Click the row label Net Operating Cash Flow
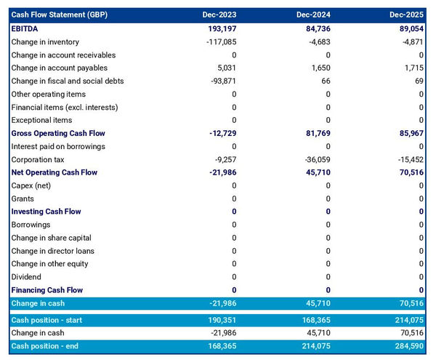click(x=54, y=172)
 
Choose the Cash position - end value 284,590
click(x=407, y=345)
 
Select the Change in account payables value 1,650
click(x=320, y=68)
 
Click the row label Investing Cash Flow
click(x=46, y=212)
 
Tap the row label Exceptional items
click(x=41, y=120)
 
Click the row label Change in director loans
click(x=53, y=251)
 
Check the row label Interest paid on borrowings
click(x=58, y=146)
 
